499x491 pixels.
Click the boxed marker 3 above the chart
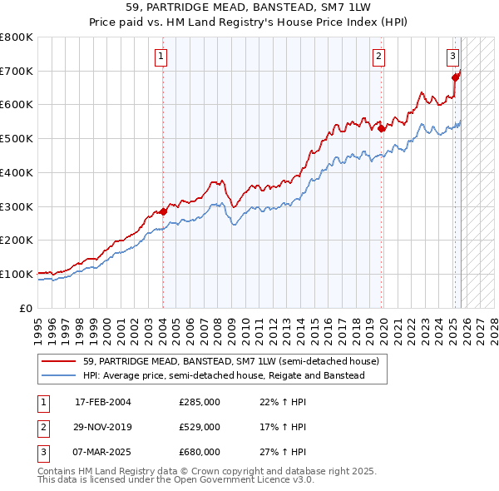tap(452, 57)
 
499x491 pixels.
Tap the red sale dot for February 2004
tap(164, 211)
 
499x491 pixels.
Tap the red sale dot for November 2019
tap(382, 129)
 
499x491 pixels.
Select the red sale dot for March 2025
tap(455, 78)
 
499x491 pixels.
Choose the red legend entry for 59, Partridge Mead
tap(230, 361)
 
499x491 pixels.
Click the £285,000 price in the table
tap(200, 402)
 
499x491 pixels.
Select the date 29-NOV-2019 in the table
tap(103, 427)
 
